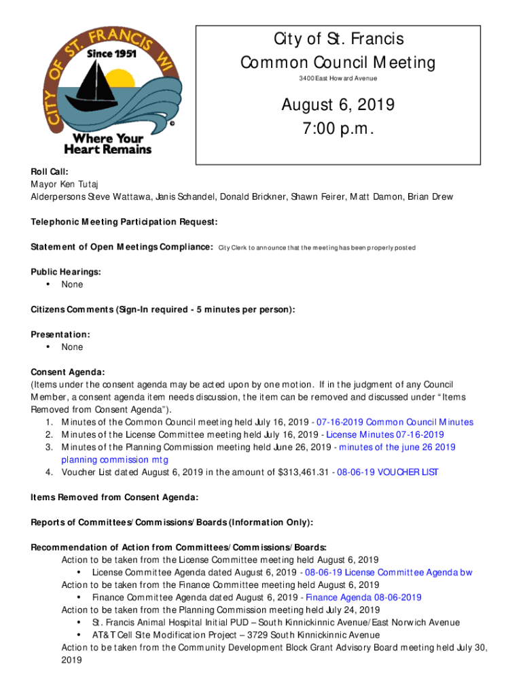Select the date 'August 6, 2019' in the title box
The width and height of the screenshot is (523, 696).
[x=338, y=105]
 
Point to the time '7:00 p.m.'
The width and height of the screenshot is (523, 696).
[x=338, y=129]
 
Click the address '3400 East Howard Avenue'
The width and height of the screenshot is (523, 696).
[x=338, y=79]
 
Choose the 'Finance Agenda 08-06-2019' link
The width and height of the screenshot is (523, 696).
[x=364, y=597]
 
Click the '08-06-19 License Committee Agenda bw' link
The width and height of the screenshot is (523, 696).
[x=389, y=572]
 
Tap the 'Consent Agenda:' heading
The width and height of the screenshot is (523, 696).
[x=68, y=372]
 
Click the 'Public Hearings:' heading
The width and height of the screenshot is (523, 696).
[x=66, y=272]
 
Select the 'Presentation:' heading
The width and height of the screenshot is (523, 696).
[x=60, y=334]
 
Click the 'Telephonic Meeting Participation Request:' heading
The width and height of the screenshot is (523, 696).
[x=124, y=222]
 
